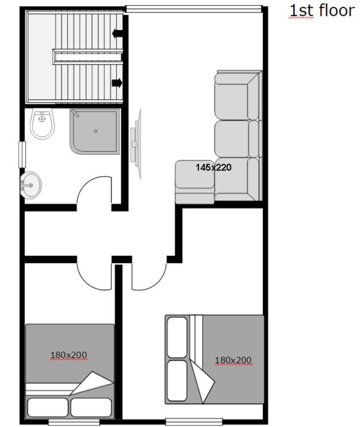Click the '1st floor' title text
click(322, 11)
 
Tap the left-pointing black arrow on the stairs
click(117, 33)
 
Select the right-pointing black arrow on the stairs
click(117, 83)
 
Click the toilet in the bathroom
click(42, 124)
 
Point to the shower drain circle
click(95, 131)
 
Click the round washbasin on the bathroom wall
click(30, 185)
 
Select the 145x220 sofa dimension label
click(213, 167)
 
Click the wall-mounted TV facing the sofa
click(136, 144)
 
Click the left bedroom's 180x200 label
click(68, 355)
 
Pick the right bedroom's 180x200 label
click(233, 360)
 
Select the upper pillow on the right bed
click(177, 337)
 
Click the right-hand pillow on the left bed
click(91, 407)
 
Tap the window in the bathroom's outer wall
click(22, 155)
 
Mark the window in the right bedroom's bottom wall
click(194, 422)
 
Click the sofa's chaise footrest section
click(194, 182)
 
